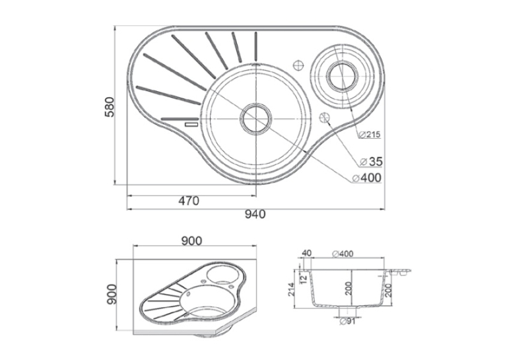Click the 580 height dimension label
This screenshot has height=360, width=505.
tap(110, 106)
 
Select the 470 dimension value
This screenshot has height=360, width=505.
tap(189, 201)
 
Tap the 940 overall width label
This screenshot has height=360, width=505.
tap(255, 214)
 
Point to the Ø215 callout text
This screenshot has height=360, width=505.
tap(370, 135)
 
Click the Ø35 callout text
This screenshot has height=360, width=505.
tap(372, 162)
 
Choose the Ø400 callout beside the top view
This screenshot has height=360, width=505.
tap(367, 178)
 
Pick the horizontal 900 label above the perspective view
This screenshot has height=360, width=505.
tap(191, 240)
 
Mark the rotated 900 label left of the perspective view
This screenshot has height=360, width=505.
tap(112, 294)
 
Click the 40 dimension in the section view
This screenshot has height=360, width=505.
tap(306, 253)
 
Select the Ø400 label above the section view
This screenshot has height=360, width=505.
tap(343, 254)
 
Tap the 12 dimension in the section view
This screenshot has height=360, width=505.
tap(304, 279)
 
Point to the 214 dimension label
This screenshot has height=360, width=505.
tap(292, 290)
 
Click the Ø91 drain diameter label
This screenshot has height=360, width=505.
tap(347, 321)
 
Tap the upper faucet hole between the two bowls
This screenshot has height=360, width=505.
tap(298, 65)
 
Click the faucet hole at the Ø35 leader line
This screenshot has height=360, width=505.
tap(325, 118)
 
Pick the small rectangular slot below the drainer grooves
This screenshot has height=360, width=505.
tap(191, 124)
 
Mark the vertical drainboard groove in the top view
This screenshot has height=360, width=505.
tap(256, 46)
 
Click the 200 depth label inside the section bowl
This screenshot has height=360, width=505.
tap(349, 288)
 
